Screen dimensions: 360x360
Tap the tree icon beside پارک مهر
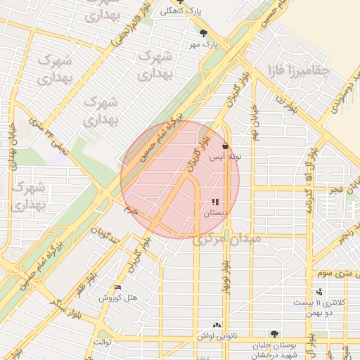point(204,32)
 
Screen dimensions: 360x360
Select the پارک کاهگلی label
point(171,11)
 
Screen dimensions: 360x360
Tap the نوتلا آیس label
point(231,158)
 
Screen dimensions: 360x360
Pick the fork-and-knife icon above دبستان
point(215,202)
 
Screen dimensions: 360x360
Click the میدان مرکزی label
point(227,240)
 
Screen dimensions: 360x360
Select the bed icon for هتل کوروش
point(117,288)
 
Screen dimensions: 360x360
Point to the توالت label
point(103,342)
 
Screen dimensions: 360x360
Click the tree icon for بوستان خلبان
point(274,334)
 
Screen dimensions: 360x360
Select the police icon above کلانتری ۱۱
point(320,291)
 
